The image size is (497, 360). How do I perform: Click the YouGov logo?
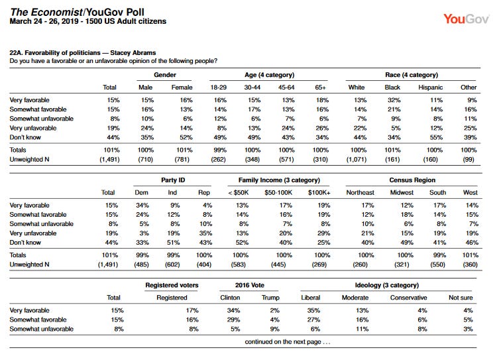pyautogui.click(x=466, y=19)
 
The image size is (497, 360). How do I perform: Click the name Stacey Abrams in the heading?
pyautogui.click(x=133, y=52)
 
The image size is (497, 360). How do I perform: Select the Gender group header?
pyautogui.click(x=165, y=75)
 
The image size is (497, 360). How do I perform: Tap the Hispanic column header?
pyautogui.click(x=430, y=88)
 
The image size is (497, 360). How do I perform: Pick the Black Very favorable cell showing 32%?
pyautogui.click(x=394, y=100)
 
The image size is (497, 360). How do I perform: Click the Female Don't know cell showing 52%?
pyautogui.click(x=186, y=137)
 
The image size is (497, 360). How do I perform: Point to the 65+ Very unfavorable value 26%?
pyautogui.click(x=322, y=128)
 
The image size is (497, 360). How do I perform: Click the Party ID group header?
pyautogui.click(x=173, y=180)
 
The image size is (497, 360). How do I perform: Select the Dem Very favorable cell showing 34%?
pyautogui.click(x=142, y=206)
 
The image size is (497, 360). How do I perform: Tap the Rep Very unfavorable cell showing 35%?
pyautogui.click(x=205, y=233)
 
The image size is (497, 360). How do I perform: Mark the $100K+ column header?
pyautogui.click(x=319, y=192)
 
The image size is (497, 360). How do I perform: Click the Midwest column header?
pyautogui.click(x=402, y=192)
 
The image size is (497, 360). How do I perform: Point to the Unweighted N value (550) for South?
pyautogui.click(x=437, y=265)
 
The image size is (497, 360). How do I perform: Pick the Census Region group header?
pyautogui.click(x=412, y=180)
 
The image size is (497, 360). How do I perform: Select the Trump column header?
pyautogui.click(x=270, y=298)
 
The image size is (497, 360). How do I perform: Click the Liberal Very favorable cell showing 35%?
pyautogui.click(x=313, y=310)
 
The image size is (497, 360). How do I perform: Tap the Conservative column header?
pyautogui.click(x=408, y=298)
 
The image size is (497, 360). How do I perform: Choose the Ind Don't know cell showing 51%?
pyautogui.click(x=173, y=243)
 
